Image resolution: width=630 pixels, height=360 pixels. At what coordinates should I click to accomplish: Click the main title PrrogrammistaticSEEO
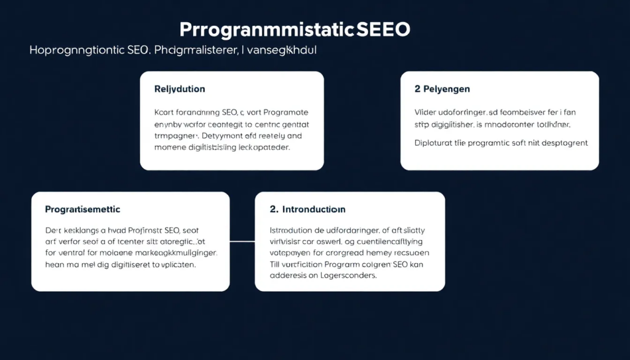295,30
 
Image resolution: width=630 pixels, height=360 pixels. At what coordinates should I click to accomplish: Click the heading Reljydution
180,89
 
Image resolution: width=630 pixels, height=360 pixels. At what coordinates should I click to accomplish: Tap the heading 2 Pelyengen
442,89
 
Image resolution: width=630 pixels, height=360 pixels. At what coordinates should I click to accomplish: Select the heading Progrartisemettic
82,210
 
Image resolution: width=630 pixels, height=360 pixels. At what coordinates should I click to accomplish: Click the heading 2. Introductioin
308,210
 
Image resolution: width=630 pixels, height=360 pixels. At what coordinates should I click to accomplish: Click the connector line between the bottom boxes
242,241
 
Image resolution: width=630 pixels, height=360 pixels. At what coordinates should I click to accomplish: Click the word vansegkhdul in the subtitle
283,50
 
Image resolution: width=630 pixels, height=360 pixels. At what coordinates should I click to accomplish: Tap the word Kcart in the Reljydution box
164,113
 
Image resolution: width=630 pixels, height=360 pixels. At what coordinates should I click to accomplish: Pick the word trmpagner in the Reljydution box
175,136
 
